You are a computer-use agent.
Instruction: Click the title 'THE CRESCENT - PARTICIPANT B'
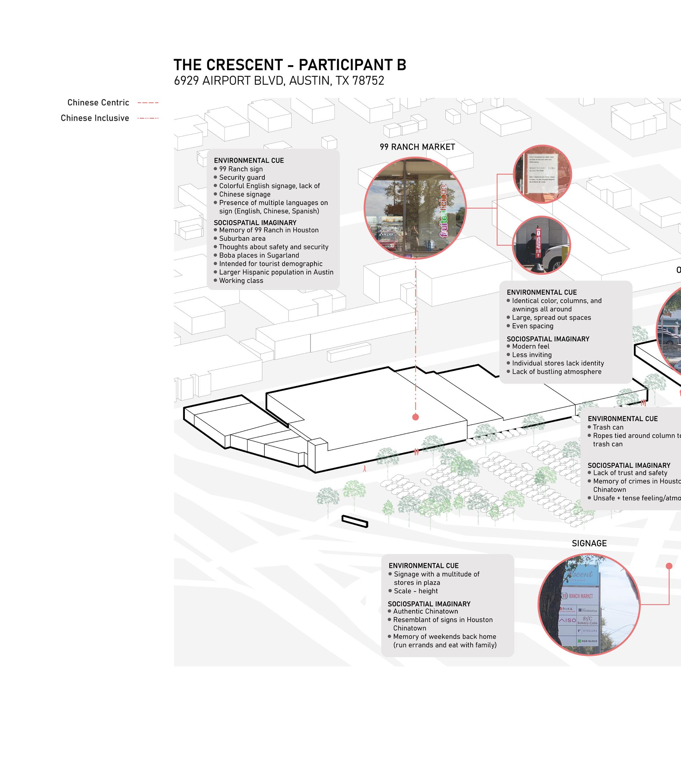(x=290, y=65)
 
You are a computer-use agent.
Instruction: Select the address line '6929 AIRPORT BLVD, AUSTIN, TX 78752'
(x=279, y=81)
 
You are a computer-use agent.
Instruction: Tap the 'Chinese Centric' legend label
(x=98, y=103)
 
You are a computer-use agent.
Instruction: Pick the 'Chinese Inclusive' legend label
(x=95, y=118)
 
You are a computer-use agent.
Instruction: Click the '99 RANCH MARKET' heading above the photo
(x=417, y=147)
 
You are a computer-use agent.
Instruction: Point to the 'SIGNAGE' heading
(x=589, y=543)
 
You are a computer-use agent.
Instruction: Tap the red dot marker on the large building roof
(x=415, y=417)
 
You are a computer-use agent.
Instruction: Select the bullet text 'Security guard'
(x=242, y=178)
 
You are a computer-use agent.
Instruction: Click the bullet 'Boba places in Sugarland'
(x=259, y=255)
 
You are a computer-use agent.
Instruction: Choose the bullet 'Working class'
(x=241, y=281)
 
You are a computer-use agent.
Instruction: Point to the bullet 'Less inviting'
(x=531, y=355)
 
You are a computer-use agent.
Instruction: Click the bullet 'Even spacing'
(x=532, y=326)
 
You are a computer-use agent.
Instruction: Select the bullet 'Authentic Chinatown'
(x=425, y=611)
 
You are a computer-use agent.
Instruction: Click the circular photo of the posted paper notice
(x=542, y=174)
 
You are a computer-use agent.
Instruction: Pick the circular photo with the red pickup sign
(x=541, y=245)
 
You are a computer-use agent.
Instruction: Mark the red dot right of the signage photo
(x=669, y=566)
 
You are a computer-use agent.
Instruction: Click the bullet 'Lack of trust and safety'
(x=630, y=473)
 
